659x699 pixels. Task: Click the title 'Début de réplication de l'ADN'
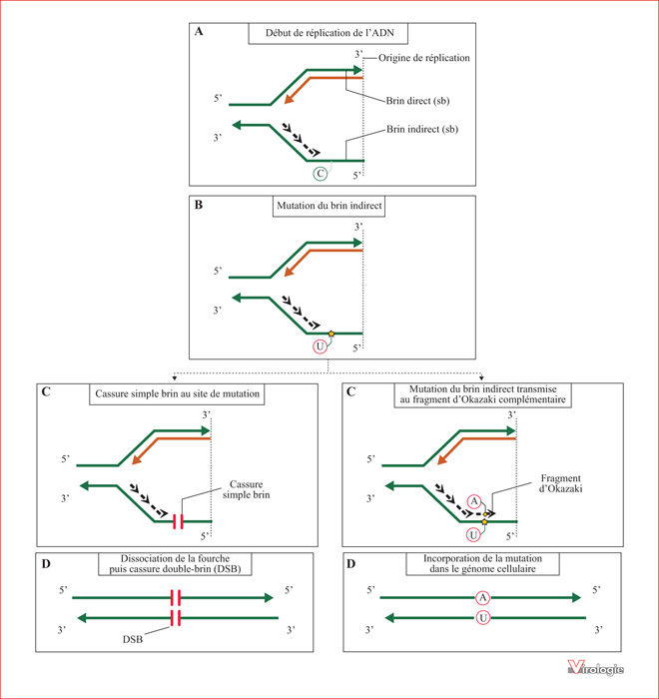click(x=329, y=33)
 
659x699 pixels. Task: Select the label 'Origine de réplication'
click(x=424, y=58)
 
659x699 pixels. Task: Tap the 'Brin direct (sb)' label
click(x=417, y=101)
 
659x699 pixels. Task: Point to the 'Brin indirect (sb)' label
click(x=422, y=129)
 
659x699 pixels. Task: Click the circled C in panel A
click(x=321, y=174)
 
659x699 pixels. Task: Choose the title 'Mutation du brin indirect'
click(x=329, y=206)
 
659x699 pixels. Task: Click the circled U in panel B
click(x=320, y=347)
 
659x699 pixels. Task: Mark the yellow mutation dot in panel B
click(x=331, y=334)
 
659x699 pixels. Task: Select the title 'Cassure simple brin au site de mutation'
click(x=177, y=393)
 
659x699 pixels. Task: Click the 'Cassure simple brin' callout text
click(x=246, y=489)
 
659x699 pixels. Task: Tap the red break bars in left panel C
click(x=178, y=521)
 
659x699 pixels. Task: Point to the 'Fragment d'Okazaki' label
click(x=561, y=483)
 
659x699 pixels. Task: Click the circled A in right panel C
click(x=474, y=501)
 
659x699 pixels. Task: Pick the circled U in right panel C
click(x=473, y=535)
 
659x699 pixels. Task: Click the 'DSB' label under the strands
click(x=133, y=639)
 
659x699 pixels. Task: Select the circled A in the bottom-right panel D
click(x=483, y=597)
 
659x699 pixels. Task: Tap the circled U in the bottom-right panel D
click(x=483, y=618)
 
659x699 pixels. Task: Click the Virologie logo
click(x=596, y=668)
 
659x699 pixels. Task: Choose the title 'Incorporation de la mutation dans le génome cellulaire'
click(x=482, y=563)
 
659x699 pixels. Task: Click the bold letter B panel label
click(x=199, y=205)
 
